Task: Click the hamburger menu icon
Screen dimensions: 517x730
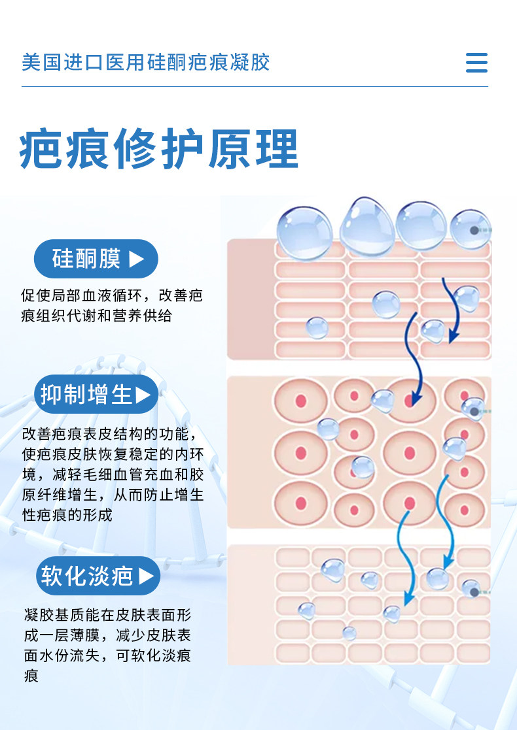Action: click(476, 62)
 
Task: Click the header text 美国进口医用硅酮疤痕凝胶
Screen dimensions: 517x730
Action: click(146, 62)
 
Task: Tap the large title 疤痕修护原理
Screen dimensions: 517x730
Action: click(158, 149)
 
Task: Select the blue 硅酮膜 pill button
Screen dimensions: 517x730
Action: click(96, 259)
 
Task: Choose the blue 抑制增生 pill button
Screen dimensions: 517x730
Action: click(96, 394)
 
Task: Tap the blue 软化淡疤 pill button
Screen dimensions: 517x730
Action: click(98, 576)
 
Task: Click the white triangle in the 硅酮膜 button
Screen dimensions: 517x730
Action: click(136, 259)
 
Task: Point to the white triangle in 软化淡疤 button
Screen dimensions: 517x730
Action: click(146, 576)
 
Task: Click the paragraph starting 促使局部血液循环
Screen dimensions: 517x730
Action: click(112, 306)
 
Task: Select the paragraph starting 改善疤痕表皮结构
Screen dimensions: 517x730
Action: click(113, 474)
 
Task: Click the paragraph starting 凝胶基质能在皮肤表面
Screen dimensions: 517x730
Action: click(108, 645)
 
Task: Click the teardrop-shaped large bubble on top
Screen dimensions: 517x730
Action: click(367, 227)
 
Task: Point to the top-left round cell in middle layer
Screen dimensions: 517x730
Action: click(300, 401)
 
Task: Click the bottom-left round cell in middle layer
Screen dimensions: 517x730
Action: click(300, 503)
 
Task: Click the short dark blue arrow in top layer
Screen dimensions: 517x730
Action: click(452, 310)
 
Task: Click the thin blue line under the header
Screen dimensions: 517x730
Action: click(255, 87)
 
